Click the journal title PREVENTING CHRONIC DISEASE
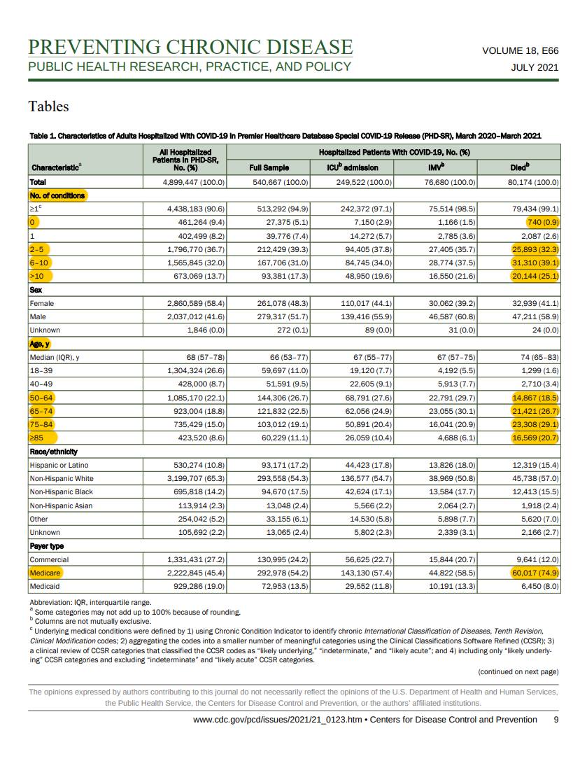tap(190, 47)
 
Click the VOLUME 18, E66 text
tap(520, 50)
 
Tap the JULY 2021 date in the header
tap(535, 68)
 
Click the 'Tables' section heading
tap(48, 106)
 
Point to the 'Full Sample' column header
tap(269, 168)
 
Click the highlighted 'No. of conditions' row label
tap(57, 195)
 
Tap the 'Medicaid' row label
tap(45, 586)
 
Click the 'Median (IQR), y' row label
tap(54, 358)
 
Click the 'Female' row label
tap(42, 303)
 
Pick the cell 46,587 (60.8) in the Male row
tap(451, 316)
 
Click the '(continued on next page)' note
tap(518, 672)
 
